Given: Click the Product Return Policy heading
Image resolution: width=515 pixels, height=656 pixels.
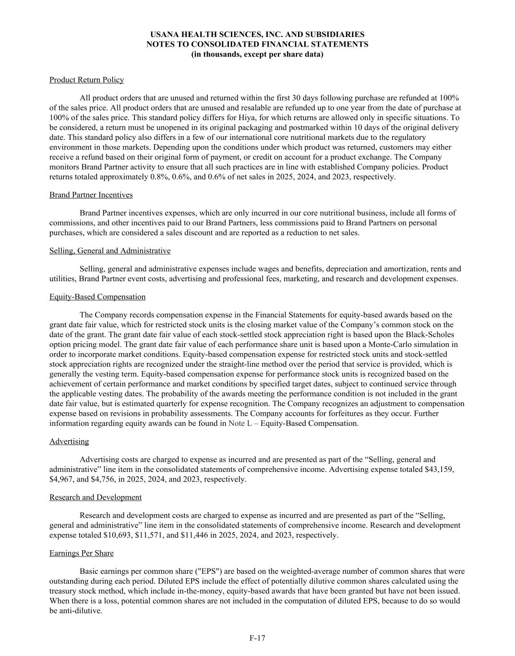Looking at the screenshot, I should coord(86,80).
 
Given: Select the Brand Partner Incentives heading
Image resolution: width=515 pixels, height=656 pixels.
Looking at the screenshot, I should coord(91,195).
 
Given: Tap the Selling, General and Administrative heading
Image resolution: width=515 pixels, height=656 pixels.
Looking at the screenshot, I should coord(109,251).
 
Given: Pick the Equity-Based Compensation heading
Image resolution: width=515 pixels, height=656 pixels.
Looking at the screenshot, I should coord(97,297).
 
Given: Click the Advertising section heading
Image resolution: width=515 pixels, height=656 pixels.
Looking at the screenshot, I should coord(69,441).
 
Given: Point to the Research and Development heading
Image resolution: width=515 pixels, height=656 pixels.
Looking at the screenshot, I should coord(95,497).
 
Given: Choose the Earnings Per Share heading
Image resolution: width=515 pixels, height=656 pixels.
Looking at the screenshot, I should coord(81,553).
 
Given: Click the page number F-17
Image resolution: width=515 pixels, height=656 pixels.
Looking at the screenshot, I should coord(257,638).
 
